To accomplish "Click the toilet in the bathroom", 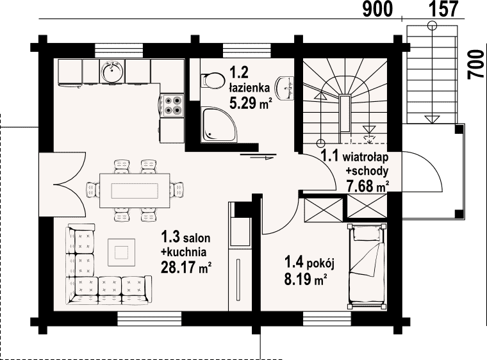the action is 213,81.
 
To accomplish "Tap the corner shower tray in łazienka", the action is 219,125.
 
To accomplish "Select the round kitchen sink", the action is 112,71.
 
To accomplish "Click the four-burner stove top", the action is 172,105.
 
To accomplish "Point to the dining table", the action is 135,190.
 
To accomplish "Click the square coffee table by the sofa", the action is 122,252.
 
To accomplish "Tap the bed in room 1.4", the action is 367,266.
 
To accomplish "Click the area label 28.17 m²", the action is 186,267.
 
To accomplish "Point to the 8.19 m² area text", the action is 306,279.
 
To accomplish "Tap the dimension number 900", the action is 377,10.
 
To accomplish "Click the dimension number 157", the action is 443,9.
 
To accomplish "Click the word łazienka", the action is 249,88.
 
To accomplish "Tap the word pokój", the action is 320,265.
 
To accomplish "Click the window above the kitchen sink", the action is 119,51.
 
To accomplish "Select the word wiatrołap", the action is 365,158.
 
